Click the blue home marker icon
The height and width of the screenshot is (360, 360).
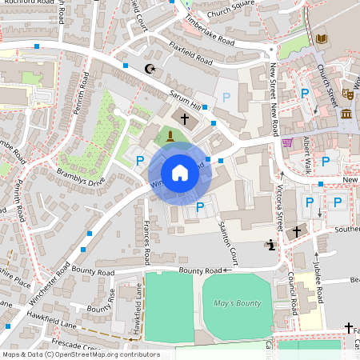(x=180, y=173)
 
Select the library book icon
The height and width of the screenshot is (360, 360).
(x=321, y=38)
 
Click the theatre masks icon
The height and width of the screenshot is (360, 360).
(x=347, y=94)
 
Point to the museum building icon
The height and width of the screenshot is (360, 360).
(x=346, y=114)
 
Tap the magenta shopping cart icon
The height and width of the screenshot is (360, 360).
(x=287, y=142)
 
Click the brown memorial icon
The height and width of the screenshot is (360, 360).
(x=170, y=135)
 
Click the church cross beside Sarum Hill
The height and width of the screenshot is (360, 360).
(x=185, y=118)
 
